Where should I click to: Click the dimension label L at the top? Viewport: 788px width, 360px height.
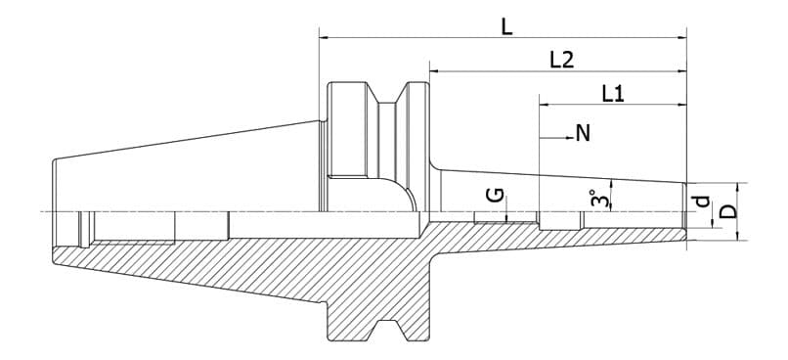[506, 26]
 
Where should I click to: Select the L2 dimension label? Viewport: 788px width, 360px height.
[560, 60]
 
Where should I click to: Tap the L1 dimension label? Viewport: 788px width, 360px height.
[613, 93]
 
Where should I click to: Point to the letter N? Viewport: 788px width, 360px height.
[583, 133]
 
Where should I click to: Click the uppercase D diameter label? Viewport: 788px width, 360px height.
[727, 211]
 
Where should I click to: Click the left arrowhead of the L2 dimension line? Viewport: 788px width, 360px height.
[433, 71]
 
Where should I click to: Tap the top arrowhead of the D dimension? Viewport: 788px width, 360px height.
[740, 187]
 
